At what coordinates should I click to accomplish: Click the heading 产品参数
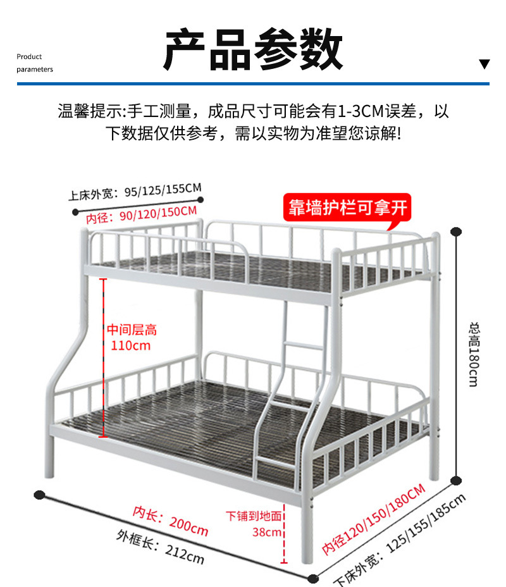254,50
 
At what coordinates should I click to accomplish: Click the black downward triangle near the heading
484,64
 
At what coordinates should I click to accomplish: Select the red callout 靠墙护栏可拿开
347,207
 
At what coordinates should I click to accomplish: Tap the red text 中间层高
131,330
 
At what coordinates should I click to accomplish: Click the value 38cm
266,532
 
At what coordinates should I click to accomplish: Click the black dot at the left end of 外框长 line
39,494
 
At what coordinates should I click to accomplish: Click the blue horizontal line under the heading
253,83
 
